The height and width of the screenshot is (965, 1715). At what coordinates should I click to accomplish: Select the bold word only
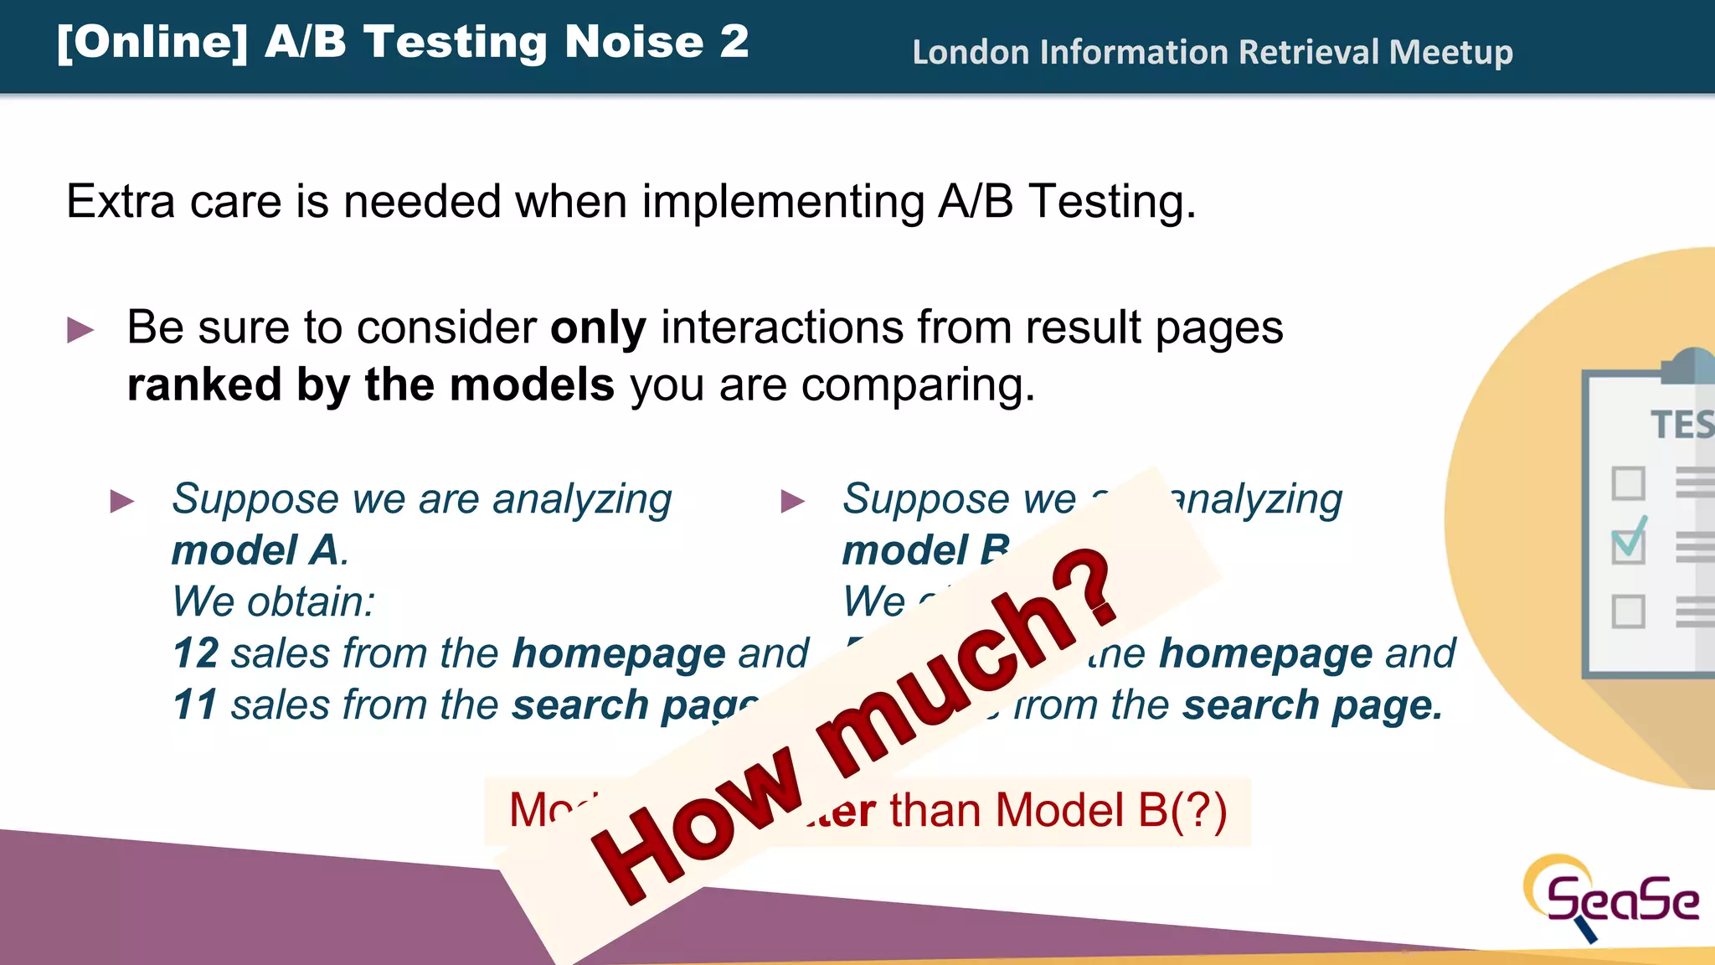pos(598,328)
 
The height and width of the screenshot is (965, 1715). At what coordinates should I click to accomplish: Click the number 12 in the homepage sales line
pos(196,653)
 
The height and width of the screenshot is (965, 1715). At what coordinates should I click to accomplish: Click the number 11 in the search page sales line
pos(194,705)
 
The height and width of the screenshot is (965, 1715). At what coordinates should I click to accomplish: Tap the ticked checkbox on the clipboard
pos(1629,545)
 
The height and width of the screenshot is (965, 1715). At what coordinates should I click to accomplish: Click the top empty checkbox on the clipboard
pos(1628,483)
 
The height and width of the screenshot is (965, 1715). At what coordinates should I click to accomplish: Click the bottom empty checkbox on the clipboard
pos(1628,612)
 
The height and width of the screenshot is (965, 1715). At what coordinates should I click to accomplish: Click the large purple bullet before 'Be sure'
pos(80,329)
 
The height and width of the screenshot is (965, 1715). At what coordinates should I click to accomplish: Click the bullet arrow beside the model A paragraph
pos(122,501)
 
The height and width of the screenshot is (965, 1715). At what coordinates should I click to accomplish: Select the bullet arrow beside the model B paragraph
pos(792,501)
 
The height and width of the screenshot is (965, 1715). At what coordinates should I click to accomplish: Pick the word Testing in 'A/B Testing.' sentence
pos(1111,203)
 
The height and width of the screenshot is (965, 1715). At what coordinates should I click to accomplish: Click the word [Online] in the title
pos(152,42)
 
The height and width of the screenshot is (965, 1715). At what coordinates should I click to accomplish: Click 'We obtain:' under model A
pos(273,602)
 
